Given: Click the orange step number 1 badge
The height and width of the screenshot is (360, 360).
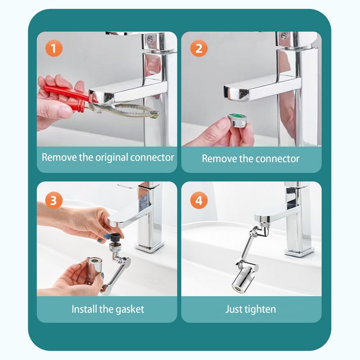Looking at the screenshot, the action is coord(54,48).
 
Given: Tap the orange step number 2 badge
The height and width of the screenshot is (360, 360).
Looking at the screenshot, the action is coord(199,48).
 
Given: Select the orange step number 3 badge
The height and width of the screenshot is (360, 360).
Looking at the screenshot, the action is coord(54,200).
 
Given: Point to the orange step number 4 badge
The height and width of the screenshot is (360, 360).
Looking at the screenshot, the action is coord(199,200).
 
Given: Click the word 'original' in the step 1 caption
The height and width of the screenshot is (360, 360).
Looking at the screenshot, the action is coord(112,158).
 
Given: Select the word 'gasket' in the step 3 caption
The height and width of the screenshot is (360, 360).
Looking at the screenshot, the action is coord(130,310).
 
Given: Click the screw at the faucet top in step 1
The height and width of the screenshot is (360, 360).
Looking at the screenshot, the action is coord(150,39).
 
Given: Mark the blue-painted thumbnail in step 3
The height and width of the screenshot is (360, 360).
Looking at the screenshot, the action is coord(107,236).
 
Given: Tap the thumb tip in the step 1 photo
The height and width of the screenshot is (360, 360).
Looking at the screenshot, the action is coord(65,111).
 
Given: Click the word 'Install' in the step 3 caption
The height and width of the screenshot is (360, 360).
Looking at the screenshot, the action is coord(84,309).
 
